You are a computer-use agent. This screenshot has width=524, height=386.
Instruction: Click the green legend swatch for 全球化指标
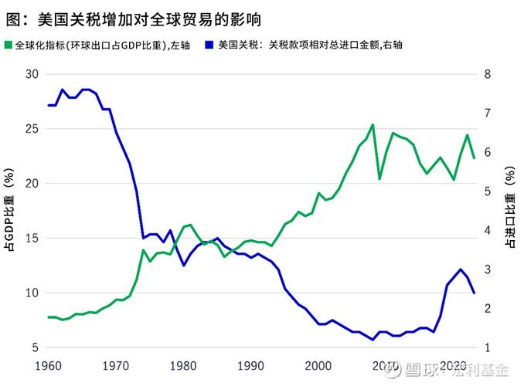[9, 46]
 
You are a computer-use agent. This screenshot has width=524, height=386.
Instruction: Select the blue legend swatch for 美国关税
[210, 46]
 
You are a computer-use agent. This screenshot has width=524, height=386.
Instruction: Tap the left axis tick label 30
[31, 74]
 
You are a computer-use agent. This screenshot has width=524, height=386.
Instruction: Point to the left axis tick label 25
[31, 129]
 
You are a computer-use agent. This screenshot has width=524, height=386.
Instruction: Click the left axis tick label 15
[31, 239]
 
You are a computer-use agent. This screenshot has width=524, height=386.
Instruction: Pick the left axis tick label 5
[34, 348]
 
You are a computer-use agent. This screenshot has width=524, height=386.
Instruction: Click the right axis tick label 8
[488, 74]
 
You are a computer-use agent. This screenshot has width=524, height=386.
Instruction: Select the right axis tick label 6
[488, 153]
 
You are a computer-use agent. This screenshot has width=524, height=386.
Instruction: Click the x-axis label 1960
[48, 364]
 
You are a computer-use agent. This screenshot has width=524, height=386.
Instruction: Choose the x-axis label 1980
[184, 364]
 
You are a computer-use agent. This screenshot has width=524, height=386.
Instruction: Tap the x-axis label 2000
[319, 364]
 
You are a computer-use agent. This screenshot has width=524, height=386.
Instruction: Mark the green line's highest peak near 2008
[373, 124]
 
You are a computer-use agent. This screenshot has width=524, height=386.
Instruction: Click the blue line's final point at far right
[474, 293]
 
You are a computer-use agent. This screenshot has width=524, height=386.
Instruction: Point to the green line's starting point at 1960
[48, 317]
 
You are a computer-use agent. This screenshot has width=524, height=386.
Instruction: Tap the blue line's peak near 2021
[461, 269]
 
